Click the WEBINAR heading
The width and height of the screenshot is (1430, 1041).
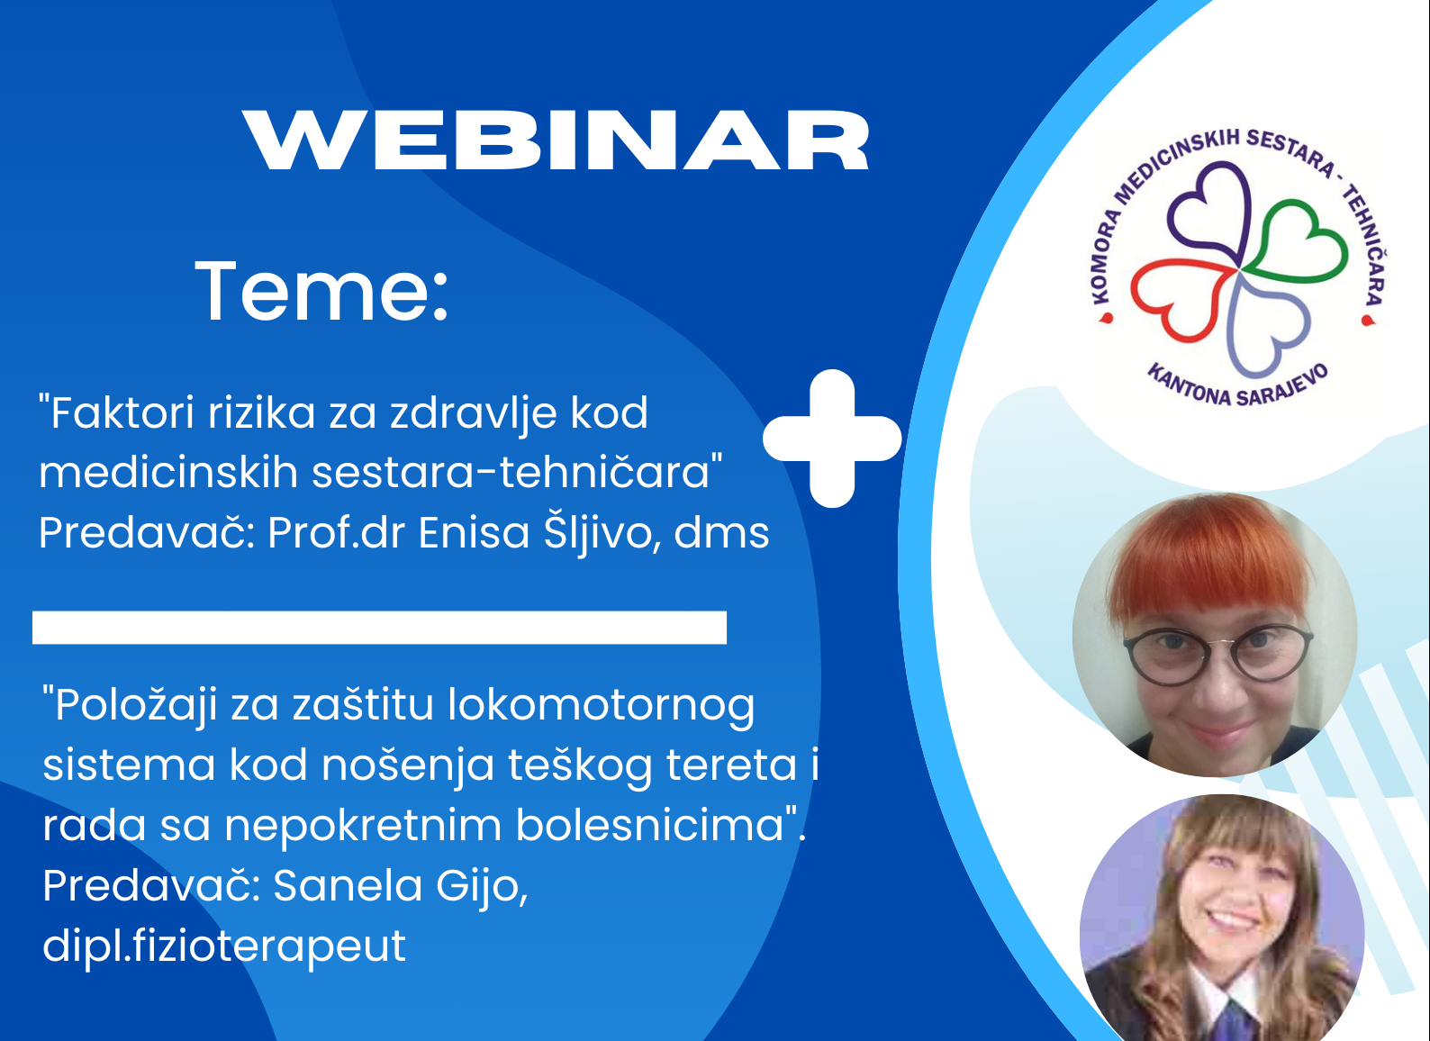(556, 140)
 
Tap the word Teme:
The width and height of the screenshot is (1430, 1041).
(321, 291)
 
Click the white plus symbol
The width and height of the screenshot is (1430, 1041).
(832, 439)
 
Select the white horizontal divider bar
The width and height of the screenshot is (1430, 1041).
(379, 628)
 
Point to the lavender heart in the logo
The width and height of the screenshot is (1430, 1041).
(1267, 325)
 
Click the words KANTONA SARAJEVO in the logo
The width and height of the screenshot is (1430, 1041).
(1237, 387)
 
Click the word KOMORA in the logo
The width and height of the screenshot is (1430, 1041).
(1106, 256)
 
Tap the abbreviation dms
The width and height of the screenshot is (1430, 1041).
(721, 532)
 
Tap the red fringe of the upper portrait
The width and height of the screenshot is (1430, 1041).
(1209, 562)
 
